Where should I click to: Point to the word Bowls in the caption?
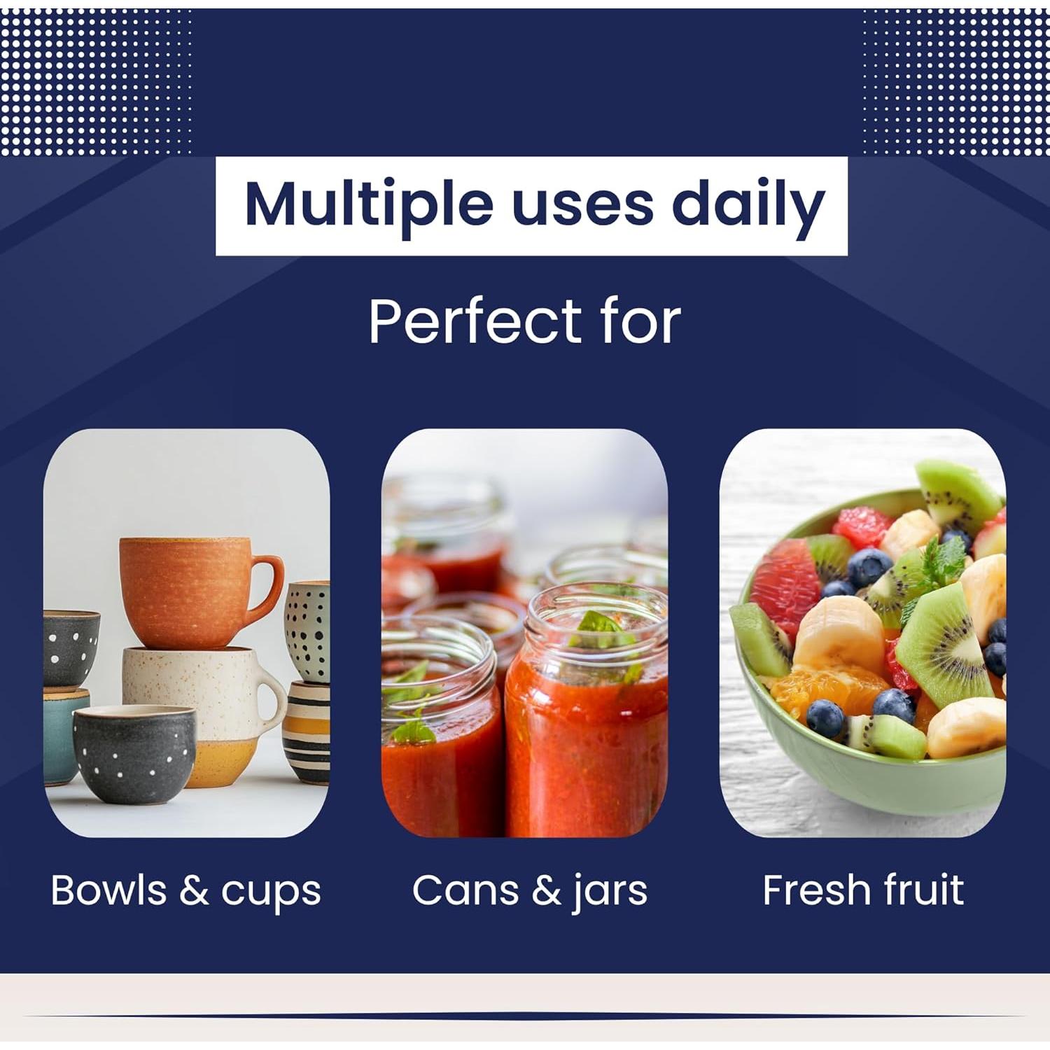[108, 890]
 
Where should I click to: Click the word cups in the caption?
[271, 895]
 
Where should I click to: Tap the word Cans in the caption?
[465, 890]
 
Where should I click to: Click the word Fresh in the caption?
[816, 890]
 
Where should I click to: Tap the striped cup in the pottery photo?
[307, 731]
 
